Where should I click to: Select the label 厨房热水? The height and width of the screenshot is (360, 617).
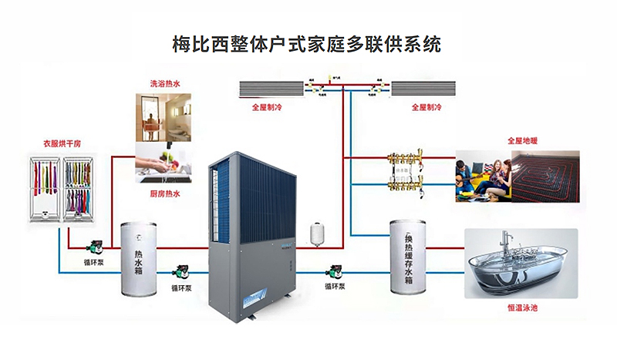pyautogui.click(x=165, y=194)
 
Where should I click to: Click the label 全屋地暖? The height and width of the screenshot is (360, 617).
pyautogui.click(x=521, y=141)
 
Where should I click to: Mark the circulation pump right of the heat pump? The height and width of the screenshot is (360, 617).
pyautogui.click(x=335, y=271)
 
